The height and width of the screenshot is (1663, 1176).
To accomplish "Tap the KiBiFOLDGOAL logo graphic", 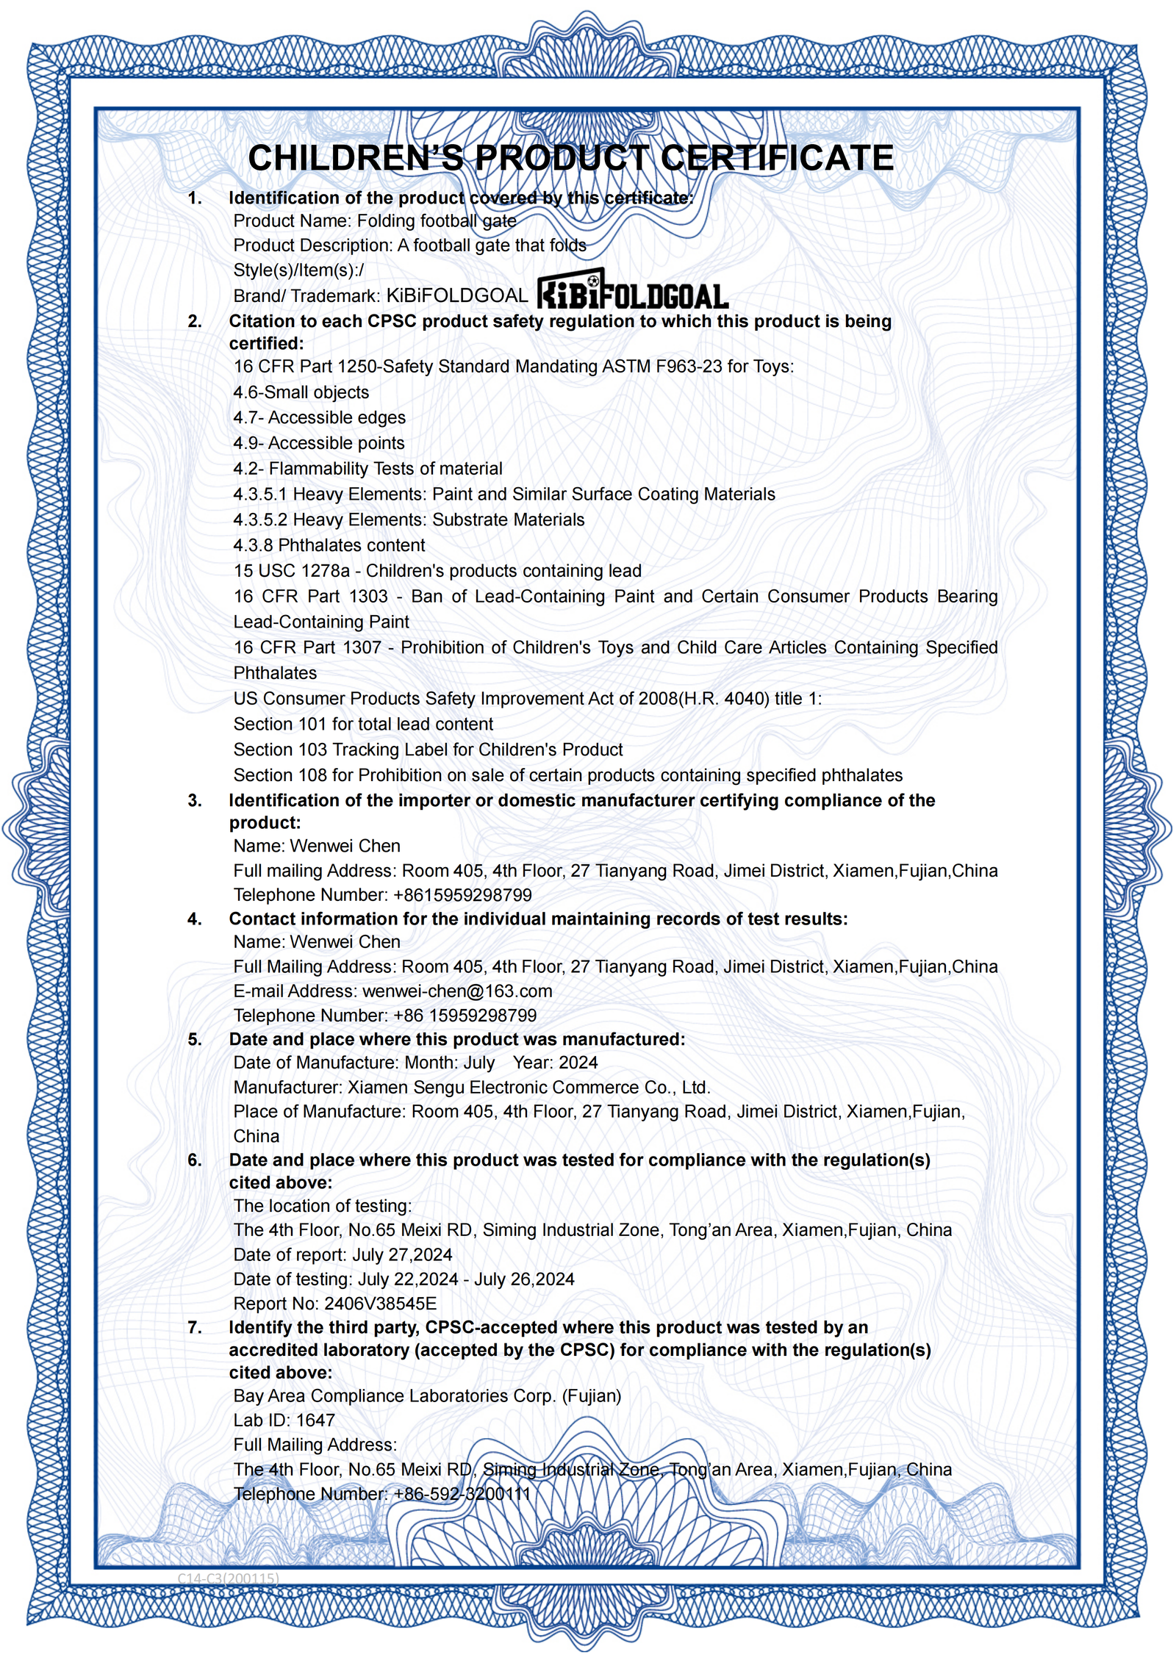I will point(632,289).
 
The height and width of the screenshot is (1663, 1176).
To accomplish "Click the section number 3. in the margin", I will point(194,800).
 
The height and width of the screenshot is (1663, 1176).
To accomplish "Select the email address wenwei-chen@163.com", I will point(456,991).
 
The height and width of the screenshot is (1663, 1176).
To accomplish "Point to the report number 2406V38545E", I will point(380,1303).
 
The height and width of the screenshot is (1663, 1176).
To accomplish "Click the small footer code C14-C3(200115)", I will point(228,1578).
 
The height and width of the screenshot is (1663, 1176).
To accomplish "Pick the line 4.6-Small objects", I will point(301,392).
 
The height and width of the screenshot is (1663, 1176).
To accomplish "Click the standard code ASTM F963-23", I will point(661,366).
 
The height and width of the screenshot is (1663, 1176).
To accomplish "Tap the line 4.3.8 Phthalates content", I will point(329,545).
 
